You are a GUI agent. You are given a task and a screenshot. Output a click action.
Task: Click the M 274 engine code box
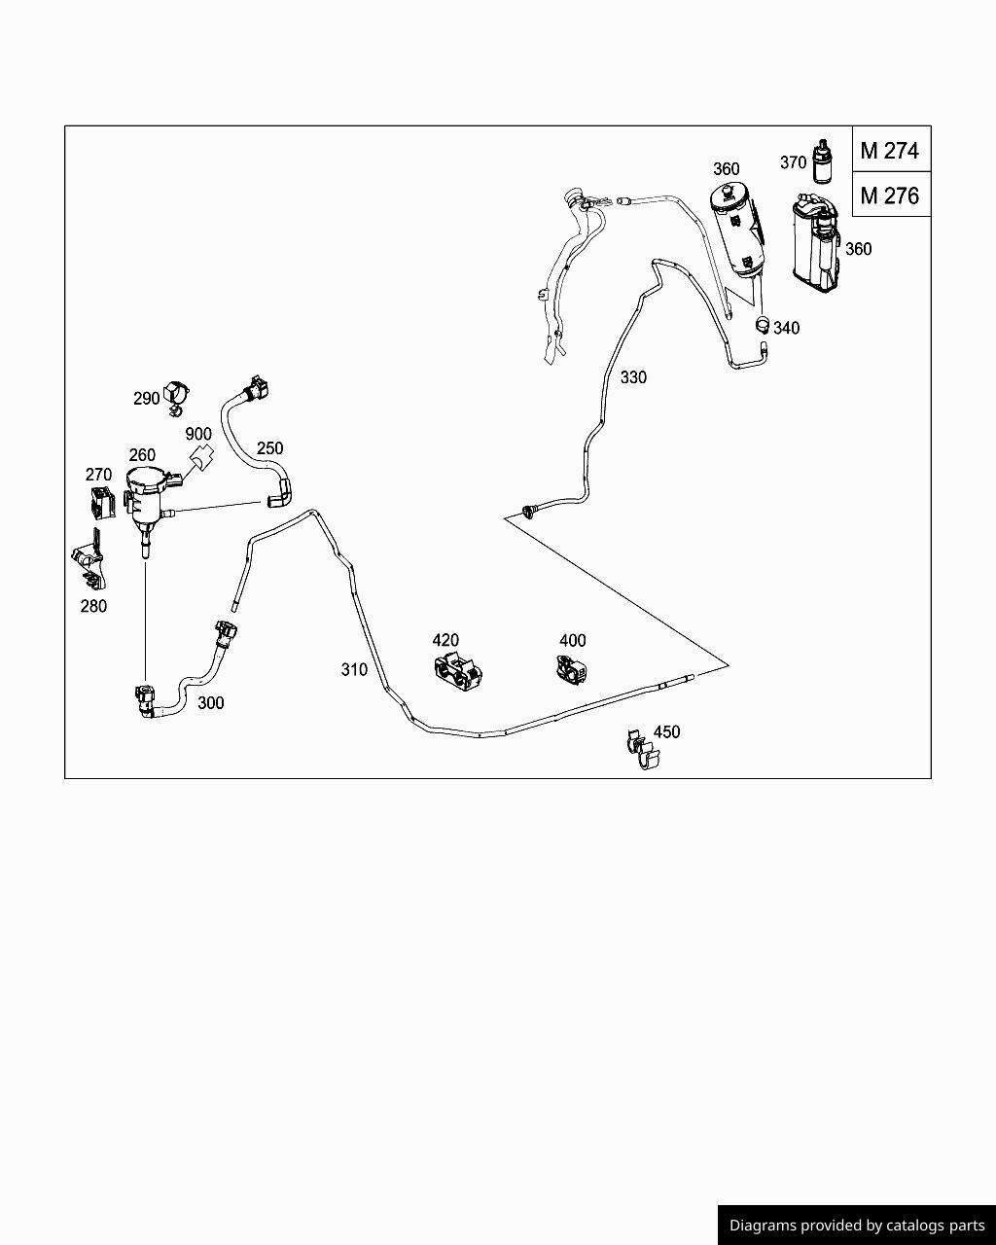coord(889,151)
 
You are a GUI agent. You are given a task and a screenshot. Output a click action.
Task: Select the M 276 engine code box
coord(889,196)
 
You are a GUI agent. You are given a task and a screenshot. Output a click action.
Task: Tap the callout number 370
coord(793,162)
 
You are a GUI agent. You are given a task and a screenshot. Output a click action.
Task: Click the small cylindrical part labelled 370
coord(823,160)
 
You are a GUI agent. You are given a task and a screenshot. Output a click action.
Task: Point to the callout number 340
coord(786,328)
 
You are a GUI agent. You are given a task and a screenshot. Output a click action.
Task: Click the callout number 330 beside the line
coord(633,377)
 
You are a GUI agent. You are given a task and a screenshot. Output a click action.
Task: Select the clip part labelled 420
coord(456,672)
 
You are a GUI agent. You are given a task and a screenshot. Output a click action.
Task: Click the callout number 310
coord(354,669)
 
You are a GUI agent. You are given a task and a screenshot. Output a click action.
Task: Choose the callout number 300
coord(210,703)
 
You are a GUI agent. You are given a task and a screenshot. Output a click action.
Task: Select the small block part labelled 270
coord(101,502)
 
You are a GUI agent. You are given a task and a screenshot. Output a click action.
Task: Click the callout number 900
coord(198,434)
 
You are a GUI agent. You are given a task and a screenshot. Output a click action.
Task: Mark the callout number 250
coord(269,448)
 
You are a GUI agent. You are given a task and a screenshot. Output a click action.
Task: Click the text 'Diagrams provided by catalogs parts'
coord(857,1226)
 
